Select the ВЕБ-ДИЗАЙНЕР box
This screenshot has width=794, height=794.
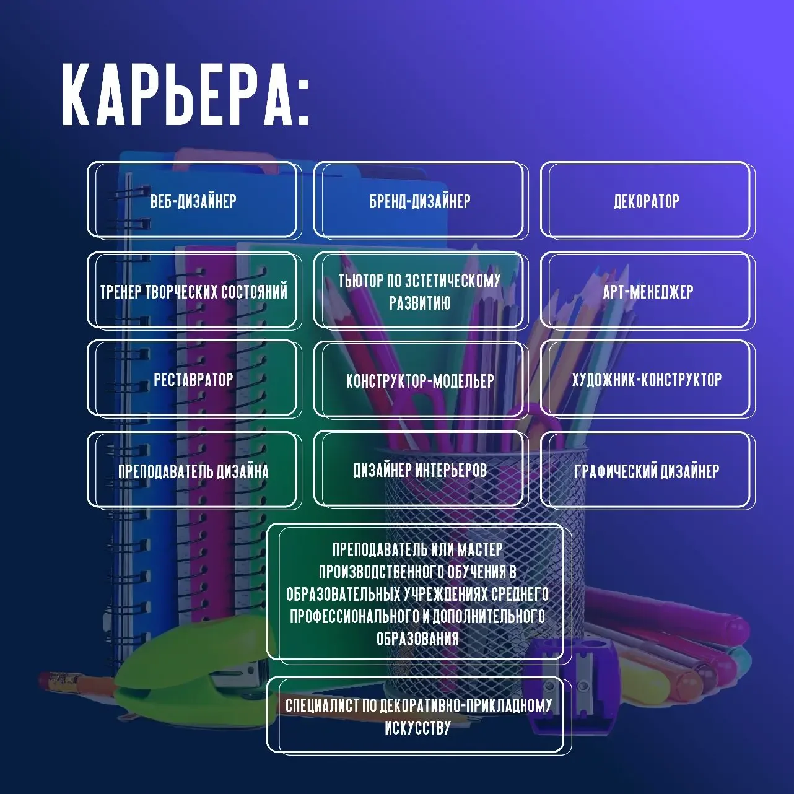tap(193, 201)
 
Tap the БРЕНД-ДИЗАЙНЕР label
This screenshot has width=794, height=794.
tap(420, 201)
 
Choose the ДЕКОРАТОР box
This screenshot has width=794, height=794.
tap(647, 201)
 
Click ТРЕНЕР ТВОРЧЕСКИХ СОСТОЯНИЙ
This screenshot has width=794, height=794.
tap(193, 291)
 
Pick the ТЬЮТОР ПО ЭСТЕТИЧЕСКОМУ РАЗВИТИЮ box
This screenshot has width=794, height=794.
tap(419, 291)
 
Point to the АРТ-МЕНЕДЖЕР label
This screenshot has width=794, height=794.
tap(648, 291)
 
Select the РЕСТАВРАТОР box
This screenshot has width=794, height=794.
tap(193, 379)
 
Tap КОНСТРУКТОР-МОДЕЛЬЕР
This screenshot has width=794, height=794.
tap(420, 380)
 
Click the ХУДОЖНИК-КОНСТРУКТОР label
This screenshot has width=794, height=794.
tap(647, 379)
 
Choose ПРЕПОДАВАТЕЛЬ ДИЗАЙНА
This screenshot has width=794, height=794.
tap(193, 471)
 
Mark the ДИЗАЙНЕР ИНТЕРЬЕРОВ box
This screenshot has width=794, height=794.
tap(420, 470)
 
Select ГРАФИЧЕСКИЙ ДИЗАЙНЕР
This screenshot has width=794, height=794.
tap(647, 471)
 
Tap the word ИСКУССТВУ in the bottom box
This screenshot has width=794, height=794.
tap(417, 728)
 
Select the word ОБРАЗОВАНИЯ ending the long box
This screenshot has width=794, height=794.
tap(417, 639)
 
